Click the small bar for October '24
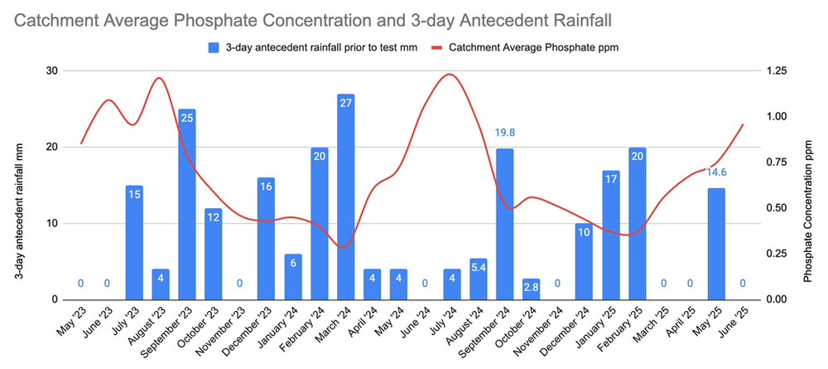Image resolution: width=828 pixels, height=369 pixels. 532,289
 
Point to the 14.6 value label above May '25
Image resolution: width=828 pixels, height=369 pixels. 717,172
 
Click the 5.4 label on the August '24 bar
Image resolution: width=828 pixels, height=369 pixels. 479,267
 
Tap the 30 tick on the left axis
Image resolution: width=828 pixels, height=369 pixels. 51,70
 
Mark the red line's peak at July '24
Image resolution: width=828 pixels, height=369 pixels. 450,75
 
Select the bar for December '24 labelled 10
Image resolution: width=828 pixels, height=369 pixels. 585,262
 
